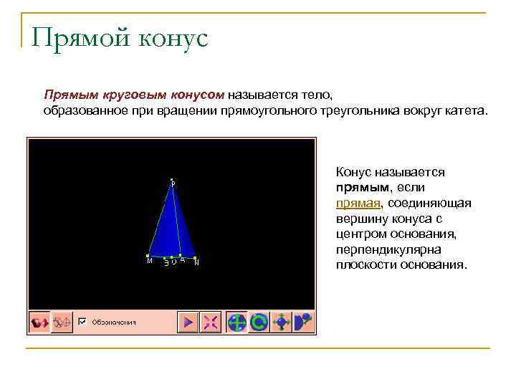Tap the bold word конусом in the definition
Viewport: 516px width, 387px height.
pos(196,95)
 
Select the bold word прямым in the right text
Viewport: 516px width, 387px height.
pos(361,188)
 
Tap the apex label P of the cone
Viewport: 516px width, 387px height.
pos(173,183)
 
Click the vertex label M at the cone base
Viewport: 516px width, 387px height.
pos(149,262)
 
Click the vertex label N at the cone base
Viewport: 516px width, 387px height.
pos(196,262)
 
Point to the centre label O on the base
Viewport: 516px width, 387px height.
pos(174,262)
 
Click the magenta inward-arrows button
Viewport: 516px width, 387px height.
pos(211,322)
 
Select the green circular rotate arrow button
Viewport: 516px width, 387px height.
pos(259,322)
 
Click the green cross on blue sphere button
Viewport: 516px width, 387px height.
pos(236,322)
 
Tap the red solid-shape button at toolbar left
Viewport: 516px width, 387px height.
pos(39,322)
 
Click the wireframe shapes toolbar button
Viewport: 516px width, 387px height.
pos(62,322)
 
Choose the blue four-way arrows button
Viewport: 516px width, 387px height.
pos(281,322)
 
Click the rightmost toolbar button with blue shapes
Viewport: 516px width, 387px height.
pos(303,322)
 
